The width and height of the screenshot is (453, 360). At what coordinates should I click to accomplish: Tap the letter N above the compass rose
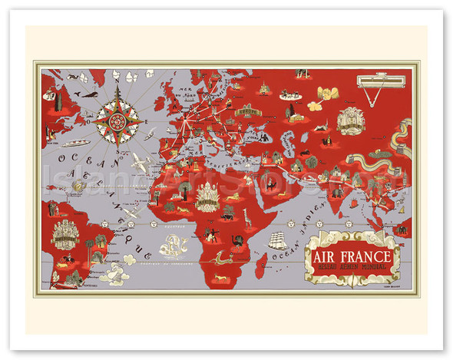coord(117,76)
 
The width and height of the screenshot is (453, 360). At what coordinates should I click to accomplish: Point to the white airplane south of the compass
coord(139,162)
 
